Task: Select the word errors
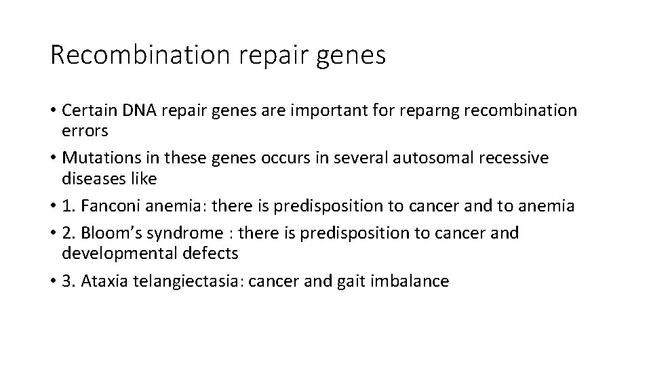pyautogui.click(x=85, y=130)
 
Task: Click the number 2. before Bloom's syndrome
pyautogui.click(x=69, y=234)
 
